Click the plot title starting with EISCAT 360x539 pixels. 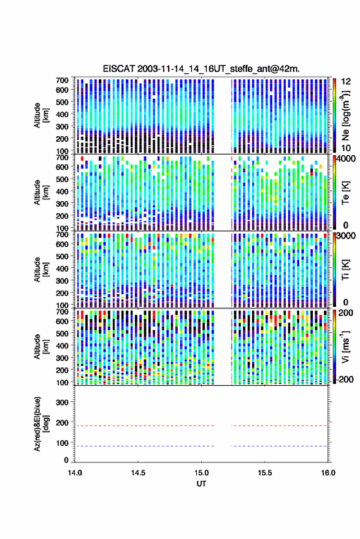point(201,69)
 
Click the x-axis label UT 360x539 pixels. point(201,484)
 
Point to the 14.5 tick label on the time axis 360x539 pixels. point(138,473)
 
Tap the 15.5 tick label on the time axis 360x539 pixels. point(264,473)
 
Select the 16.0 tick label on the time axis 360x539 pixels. point(328,473)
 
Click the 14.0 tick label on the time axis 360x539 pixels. point(75,473)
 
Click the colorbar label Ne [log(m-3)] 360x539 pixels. point(345,115)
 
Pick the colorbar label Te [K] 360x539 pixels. point(345,193)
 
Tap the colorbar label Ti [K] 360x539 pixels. point(345,270)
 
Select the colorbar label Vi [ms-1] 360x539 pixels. point(345,346)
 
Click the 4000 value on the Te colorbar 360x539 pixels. point(346,159)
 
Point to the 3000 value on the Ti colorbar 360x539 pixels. point(346,236)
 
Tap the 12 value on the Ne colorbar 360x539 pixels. point(346,82)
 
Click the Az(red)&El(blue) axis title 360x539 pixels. point(41,424)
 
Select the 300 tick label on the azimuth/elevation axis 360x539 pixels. point(62,402)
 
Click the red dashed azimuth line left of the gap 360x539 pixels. point(144,426)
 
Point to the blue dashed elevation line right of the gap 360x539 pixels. point(279,446)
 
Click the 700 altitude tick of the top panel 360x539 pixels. point(62,80)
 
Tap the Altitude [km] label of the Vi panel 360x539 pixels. point(41,346)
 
